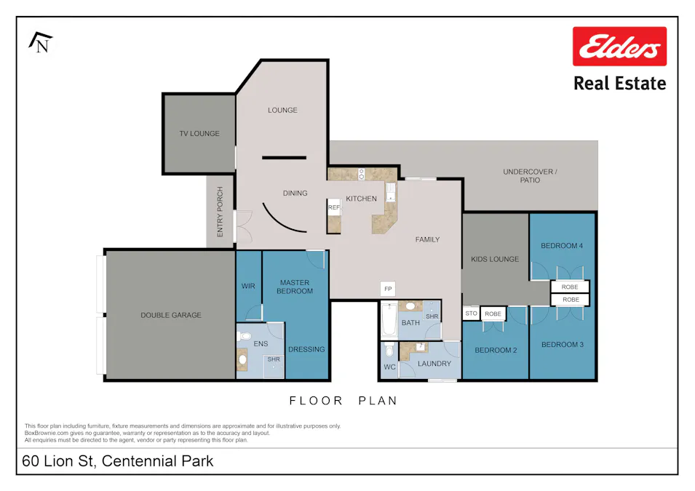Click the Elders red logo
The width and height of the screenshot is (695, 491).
click(619, 47)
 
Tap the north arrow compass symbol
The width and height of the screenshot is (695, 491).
click(41, 43)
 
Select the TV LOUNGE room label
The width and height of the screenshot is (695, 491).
click(199, 134)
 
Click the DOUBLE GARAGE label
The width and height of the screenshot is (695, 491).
click(171, 315)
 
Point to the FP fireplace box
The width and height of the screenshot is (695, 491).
click(388, 290)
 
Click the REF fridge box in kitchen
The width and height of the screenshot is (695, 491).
click(334, 208)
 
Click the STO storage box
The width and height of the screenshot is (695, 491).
click(470, 314)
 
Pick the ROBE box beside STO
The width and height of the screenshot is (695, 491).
click(493, 314)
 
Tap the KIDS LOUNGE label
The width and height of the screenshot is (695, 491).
click(495, 259)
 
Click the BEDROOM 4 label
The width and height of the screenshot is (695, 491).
click(562, 246)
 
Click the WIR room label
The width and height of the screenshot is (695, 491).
click(247, 286)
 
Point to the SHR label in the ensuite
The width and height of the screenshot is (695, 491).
click(274, 359)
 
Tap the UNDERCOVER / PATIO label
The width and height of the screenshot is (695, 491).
click(530, 175)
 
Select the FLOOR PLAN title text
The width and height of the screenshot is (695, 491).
click(343, 401)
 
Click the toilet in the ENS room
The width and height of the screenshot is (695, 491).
click(245, 337)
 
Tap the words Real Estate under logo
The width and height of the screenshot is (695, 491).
click(619, 83)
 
